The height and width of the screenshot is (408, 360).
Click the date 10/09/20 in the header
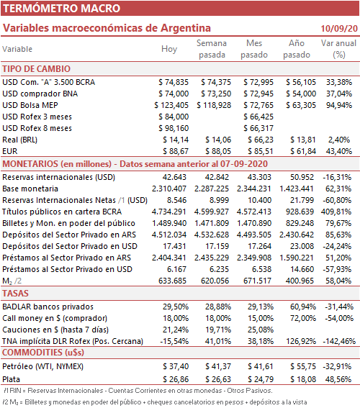pyautogui.click(x=339, y=28)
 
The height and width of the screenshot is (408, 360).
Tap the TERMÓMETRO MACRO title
pyautogui.click(x=61, y=9)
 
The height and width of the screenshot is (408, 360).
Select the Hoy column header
pyautogui.click(x=169, y=49)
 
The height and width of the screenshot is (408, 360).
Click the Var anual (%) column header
pyautogui.click(x=338, y=49)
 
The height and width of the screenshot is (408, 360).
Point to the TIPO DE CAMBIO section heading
pyautogui.click(x=37, y=69)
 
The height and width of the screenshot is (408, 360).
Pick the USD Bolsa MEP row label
pyautogui.click(x=30, y=105)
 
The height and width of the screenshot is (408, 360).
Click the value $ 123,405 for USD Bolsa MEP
pyautogui.click(x=171, y=105)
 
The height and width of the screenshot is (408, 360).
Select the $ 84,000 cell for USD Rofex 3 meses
pyautogui.click(x=174, y=117)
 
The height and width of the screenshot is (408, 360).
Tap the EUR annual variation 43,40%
pyautogui.click(x=339, y=151)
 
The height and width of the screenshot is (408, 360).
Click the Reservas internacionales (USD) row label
pyautogui.click(x=58, y=177)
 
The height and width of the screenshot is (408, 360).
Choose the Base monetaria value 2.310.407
pyautogui.click(x=169, y=189)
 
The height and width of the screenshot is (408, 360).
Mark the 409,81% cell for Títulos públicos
pyautogui.click(x=336, y=212)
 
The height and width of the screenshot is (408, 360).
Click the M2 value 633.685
pyautogui.click(x=172, y=281)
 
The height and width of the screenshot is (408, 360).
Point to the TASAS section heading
pyautogui.click(x=15, y=294)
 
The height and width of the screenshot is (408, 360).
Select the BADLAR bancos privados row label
pyautogui.click(x=48, y=307)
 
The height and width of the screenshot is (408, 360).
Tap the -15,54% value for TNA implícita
pyautogui.click(x=174, y=341)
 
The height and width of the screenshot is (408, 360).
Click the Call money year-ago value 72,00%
pyautogui.click(x=303, y=318)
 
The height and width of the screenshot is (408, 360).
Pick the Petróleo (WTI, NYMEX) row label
pyautogui.click(x=42, y=366)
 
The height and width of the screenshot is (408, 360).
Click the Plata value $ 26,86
pyautogui.click(x=176, y=379)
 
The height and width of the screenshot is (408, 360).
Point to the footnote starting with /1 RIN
pyautogui.click(x=138, y=391)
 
